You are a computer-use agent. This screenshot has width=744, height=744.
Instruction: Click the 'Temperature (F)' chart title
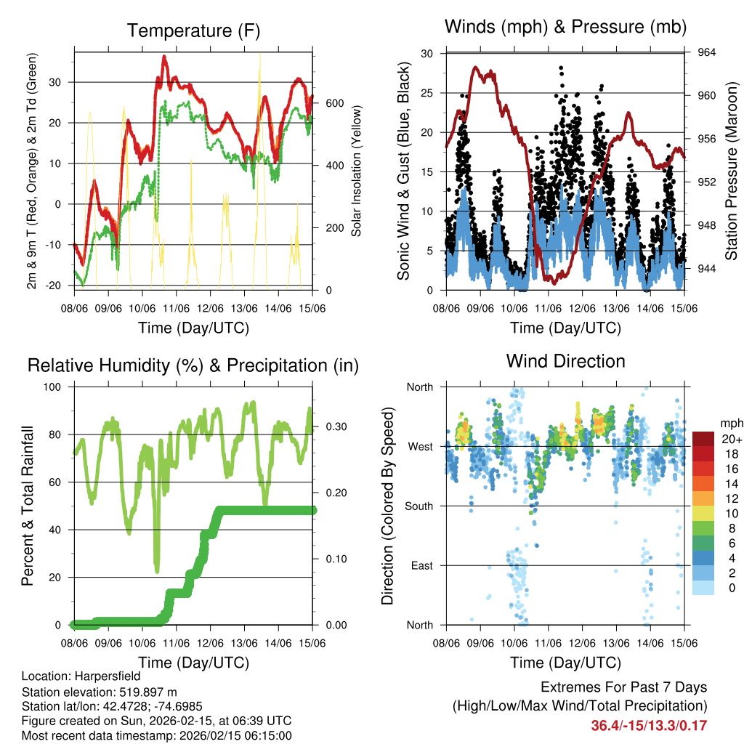193,31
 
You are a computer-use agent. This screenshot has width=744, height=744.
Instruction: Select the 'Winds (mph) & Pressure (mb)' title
566,28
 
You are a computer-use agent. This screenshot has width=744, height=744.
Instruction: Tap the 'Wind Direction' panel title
565,361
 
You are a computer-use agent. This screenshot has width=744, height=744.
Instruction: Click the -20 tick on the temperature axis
62,286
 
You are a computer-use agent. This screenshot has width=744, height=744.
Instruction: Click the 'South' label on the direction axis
419,506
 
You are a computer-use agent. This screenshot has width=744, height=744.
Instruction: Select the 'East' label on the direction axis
422,565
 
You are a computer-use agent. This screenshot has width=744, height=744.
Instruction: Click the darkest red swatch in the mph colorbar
703,439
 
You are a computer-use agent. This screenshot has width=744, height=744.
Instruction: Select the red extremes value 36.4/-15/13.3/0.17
649,726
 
